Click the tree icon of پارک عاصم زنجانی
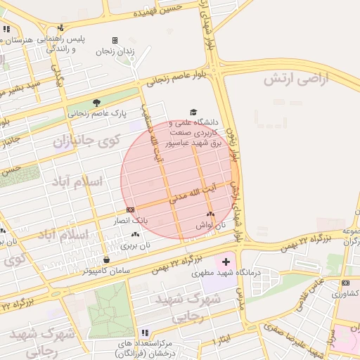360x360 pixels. click(x=96, y=102)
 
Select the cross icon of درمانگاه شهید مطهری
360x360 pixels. click(x=226, y=262)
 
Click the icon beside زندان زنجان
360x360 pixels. click(x=115, y=41)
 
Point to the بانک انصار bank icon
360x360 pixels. click(x=130, y=210)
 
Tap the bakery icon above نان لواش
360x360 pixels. click(x=210, y=214)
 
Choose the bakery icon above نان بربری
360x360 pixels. click(x=135, y=235)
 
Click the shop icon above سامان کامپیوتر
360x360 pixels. click(x=106, y=258)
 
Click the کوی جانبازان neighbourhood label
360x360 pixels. click(x=83, y=141)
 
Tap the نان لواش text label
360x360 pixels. click(x=210, y=226)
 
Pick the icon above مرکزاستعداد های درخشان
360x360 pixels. click(x=145, y=333)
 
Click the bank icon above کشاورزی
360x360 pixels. click(x=345, y=283)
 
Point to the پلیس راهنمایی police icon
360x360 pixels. click(x=61, y=28)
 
